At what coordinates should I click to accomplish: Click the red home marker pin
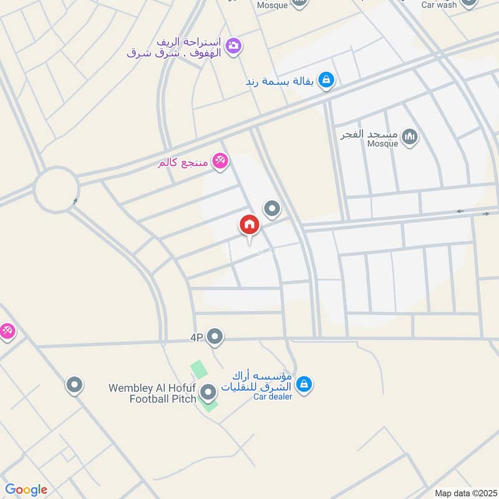(x=249, y=225)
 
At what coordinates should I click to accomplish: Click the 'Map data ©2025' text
(x=465, y=493)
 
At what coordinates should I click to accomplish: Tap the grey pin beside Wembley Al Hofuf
(x=209, y=392)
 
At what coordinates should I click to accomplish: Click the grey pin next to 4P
(x=215, y=337)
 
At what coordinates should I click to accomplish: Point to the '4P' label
(x=197, y=338)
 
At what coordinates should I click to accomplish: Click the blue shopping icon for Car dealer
(x=304, y=384)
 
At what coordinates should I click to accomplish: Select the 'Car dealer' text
(x=273, y=397)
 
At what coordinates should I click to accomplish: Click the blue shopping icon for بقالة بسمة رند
(x=326, y=80)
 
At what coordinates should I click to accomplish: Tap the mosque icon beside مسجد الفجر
(x=409, y=135)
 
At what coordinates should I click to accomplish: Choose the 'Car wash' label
(x=439, y=4)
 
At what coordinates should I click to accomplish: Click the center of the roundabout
(x=56, y=188)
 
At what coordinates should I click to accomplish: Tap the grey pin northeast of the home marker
(x=271, y=209)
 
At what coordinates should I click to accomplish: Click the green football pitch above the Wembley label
(x=198, y=369)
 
